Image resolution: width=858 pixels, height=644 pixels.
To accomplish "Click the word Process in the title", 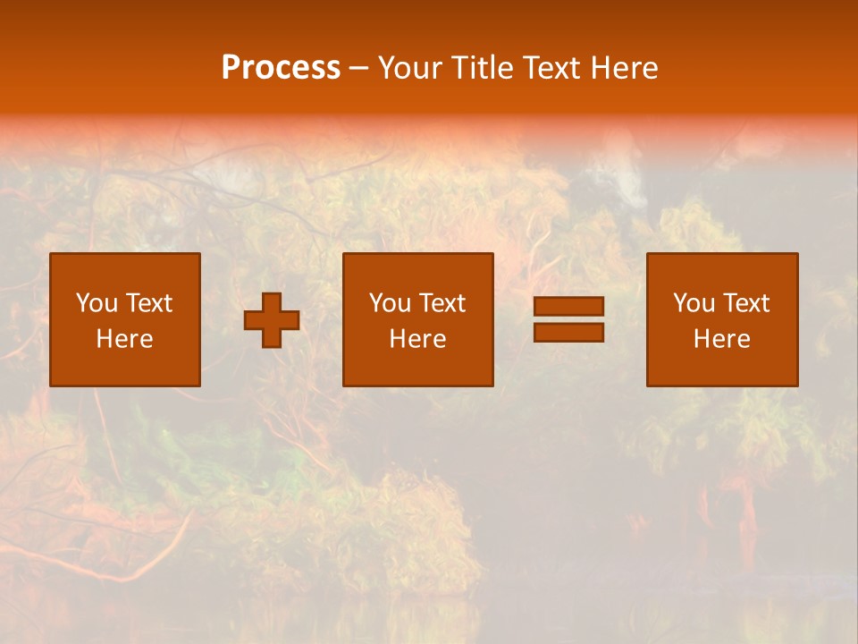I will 281,68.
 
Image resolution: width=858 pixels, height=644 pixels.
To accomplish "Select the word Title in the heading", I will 484,68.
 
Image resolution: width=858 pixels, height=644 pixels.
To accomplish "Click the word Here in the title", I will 624,68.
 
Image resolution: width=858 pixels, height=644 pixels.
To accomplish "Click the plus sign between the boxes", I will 272,320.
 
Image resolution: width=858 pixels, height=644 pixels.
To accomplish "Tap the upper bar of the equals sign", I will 568,307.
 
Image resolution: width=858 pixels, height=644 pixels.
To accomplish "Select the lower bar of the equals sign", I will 568,333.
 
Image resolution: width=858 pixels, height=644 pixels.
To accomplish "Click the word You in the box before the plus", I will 96,303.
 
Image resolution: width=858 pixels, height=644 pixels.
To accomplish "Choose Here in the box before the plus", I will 124,339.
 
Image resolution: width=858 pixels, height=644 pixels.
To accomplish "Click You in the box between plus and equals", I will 390,303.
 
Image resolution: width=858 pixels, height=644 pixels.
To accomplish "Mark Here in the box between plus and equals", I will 417,339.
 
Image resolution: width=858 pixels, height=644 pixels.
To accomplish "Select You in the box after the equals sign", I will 694,303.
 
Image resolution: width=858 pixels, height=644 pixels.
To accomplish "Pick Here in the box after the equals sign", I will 721,339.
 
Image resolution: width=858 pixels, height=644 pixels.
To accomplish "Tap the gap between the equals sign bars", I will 568,319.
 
